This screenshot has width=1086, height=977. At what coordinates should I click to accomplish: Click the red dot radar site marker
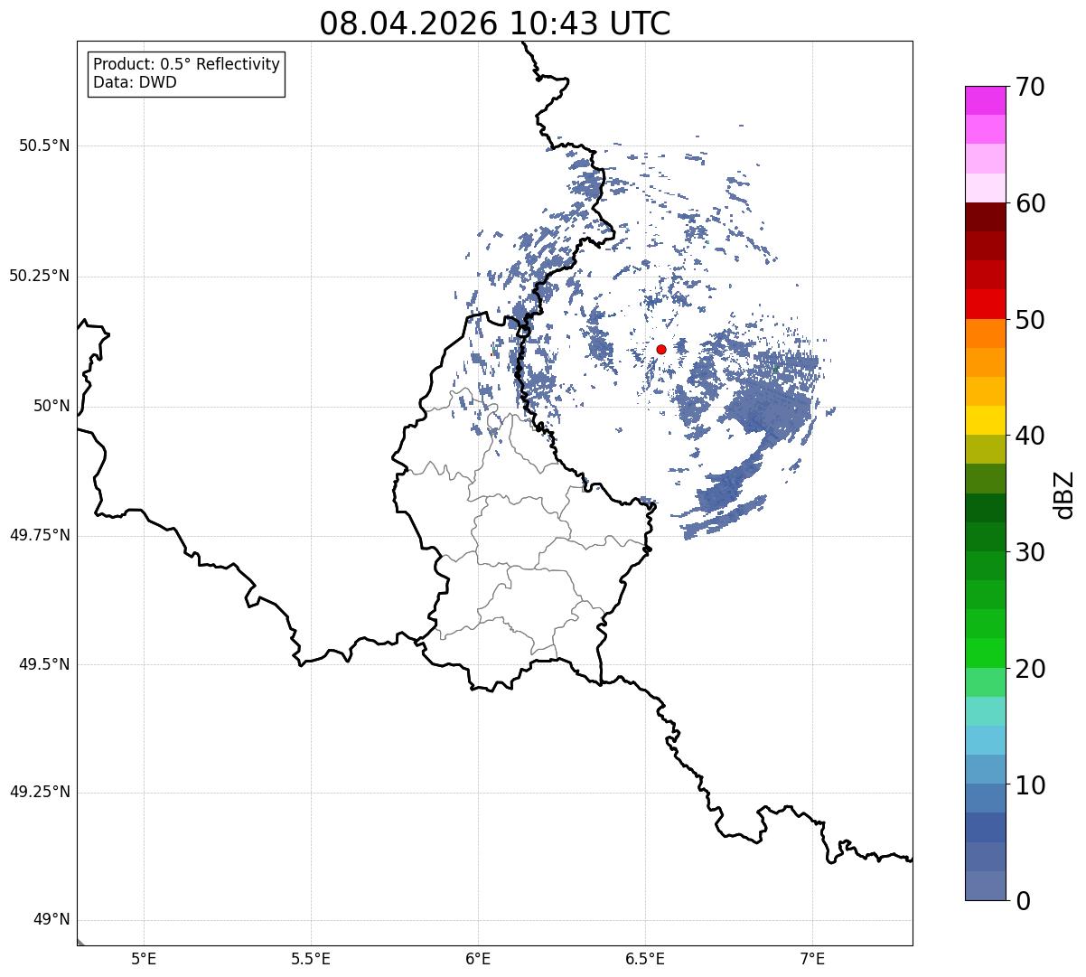(661, 349)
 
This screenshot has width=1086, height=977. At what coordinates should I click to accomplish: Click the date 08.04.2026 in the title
(408, 23)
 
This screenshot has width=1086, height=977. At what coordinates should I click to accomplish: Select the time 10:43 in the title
(555, 23)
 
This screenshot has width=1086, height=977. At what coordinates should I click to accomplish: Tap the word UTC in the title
(641, 23)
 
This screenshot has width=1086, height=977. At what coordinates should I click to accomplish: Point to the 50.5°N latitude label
(44, 146)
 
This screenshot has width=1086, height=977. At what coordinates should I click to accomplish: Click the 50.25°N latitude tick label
(40, 276)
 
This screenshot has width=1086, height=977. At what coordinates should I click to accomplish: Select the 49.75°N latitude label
(40, 535)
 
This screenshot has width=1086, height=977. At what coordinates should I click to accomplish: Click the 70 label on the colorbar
(1030, 87)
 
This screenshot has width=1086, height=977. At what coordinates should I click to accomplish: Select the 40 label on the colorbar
(1030, 436)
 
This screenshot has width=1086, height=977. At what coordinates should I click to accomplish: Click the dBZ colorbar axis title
(1064, 495)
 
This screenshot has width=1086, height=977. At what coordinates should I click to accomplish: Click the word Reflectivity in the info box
(238, 64)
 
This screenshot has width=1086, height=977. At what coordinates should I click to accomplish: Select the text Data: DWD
(135, 82)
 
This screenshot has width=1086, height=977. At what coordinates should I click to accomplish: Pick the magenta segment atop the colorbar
(986, 100)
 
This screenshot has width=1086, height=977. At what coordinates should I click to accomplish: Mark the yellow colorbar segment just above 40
(986, 420)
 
